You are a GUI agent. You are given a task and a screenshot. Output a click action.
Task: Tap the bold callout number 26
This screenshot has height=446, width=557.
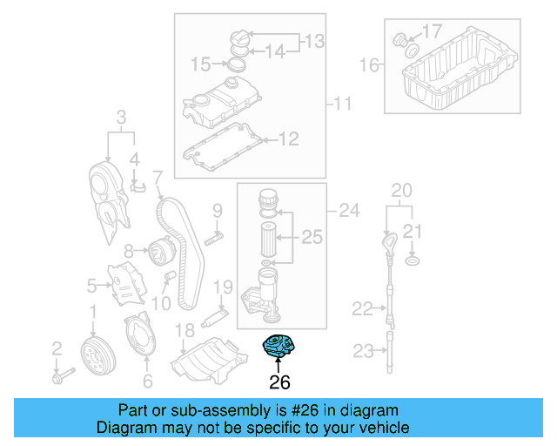pos(279,382)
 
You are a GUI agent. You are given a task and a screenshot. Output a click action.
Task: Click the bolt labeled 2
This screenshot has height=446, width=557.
pos(62,376)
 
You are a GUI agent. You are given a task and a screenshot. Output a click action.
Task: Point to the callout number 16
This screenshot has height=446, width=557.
pos(370,64)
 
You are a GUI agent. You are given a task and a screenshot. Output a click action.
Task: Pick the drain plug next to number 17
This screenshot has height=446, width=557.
pos(401,39)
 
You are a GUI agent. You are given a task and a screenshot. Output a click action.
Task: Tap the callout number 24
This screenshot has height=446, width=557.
pos(348,209)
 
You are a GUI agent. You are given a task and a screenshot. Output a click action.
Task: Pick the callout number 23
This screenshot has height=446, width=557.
pos(362,351)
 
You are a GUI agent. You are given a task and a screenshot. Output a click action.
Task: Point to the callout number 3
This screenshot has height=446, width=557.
pos(121,116)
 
